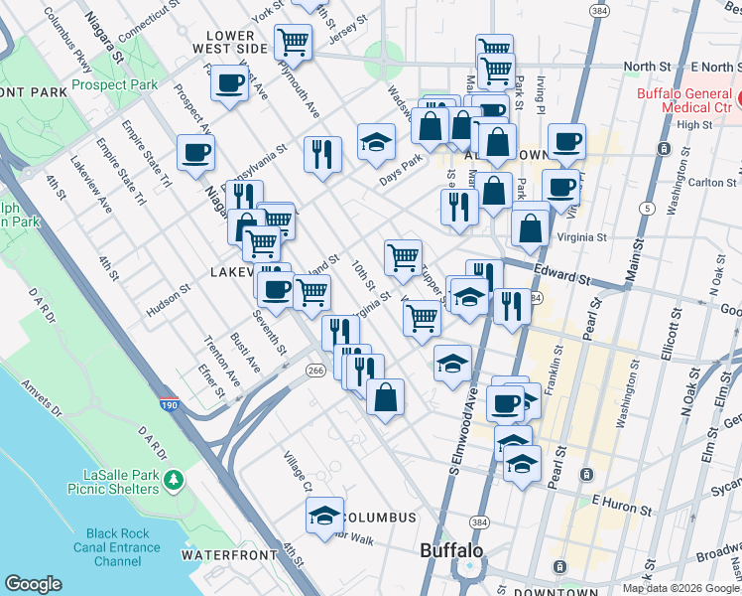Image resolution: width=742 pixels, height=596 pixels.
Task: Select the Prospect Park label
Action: tap(114, 84)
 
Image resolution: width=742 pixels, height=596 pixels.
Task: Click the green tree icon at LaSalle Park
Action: tap(175, 480)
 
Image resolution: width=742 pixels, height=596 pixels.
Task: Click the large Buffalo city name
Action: tap(451, 550)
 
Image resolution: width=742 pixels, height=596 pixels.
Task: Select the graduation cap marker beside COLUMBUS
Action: tap(324, 515)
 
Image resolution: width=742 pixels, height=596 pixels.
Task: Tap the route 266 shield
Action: tap(315, 371)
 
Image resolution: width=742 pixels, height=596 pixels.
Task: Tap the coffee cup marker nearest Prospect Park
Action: tap(229, 83)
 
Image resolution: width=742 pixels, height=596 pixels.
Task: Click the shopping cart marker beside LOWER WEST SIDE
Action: tap(293, 42)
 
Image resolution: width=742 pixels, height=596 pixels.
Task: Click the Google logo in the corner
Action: tap(33, 584)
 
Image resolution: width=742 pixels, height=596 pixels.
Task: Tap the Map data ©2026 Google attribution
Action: tap(680, 588)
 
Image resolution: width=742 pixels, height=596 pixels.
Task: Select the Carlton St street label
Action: tap(711, 183)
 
